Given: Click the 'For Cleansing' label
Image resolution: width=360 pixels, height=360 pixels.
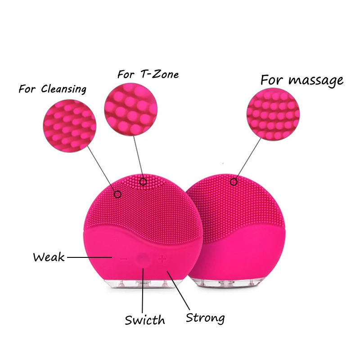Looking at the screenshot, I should coord(52,89).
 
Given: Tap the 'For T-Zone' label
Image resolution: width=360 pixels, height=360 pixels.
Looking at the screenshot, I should coord(148,74).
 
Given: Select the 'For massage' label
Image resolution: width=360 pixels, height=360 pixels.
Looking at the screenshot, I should coord(302,80).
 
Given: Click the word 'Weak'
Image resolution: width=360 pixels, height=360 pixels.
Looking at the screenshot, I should coord(49,257).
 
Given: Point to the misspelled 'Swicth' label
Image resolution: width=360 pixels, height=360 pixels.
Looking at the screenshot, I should coord(145,320).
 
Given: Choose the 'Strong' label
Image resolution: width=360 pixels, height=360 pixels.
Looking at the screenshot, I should coord(205,318).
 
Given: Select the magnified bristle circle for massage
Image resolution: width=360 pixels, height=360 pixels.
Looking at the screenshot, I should coord(272,114).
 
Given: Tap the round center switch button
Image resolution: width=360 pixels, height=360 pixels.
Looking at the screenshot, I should coord(143,258).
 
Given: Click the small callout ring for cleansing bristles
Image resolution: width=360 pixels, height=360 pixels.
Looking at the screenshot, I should coord(118,194).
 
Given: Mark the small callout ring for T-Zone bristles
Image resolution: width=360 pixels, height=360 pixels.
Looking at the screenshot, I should coord(143,182).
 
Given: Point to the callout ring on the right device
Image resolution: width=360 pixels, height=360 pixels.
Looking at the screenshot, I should coord(234,182).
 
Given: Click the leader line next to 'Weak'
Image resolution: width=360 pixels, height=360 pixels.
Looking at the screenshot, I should coord(89,257).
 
